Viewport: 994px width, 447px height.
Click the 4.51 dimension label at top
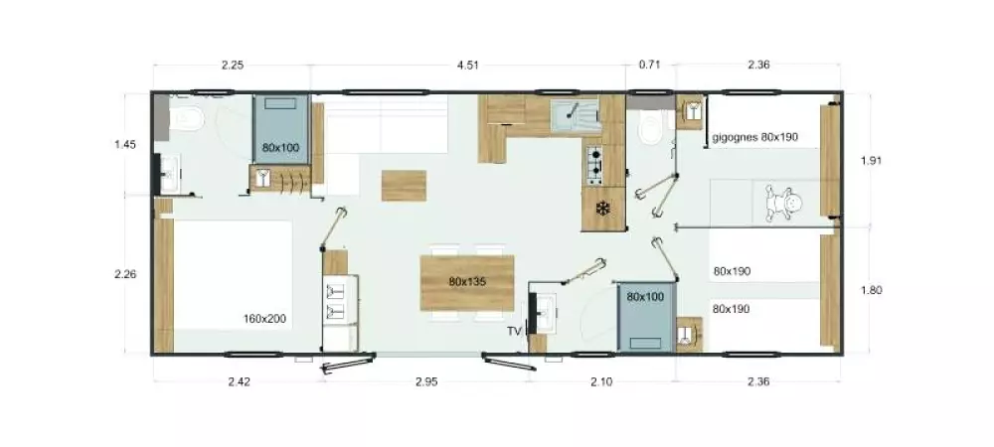[468, 65]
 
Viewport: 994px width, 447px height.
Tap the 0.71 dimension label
[649, 65]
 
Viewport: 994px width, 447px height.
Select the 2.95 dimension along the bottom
[426, 381]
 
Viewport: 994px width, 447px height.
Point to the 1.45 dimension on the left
[125, 144]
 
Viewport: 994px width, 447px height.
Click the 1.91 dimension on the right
[871, 160]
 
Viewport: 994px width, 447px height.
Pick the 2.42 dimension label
[239, 381]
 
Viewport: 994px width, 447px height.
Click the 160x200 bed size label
[264, 319]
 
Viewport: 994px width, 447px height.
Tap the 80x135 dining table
[467, 282]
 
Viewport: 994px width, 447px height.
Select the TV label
[513, 331]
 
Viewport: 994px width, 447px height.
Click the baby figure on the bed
[782, 203]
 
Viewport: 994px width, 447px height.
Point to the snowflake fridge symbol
[603, 209]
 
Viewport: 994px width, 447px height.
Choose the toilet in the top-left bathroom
[187, 119]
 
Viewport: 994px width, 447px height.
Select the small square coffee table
[404, 186]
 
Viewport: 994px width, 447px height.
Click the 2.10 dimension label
[601, 381]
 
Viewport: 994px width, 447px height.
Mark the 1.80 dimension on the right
[871, 291]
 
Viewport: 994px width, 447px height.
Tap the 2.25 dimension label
[233, 65]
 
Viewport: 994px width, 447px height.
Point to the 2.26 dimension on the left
[125, 274]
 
